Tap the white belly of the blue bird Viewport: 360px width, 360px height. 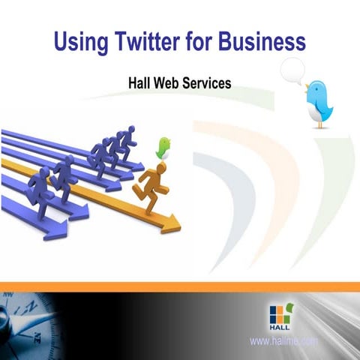tap(315, 112)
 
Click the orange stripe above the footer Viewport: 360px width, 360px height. tap(180, 287)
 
